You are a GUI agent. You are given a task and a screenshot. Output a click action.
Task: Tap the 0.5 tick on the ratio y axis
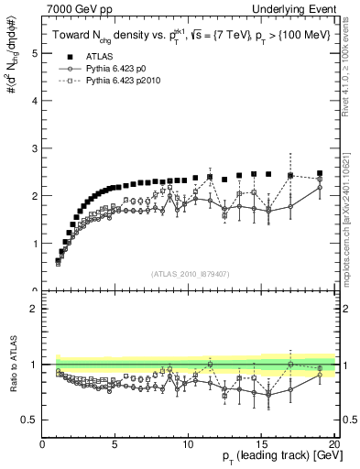(x=30, y=420)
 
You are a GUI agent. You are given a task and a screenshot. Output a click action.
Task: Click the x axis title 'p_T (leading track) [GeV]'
(x=274, y=459)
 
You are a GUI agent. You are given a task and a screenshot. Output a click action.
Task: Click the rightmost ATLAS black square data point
(x=320, y=173)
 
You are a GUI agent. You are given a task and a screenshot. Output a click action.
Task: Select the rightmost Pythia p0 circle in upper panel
(x=320, y=188)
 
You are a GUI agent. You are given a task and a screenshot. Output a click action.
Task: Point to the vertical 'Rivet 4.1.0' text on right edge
(x=351, y=55)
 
